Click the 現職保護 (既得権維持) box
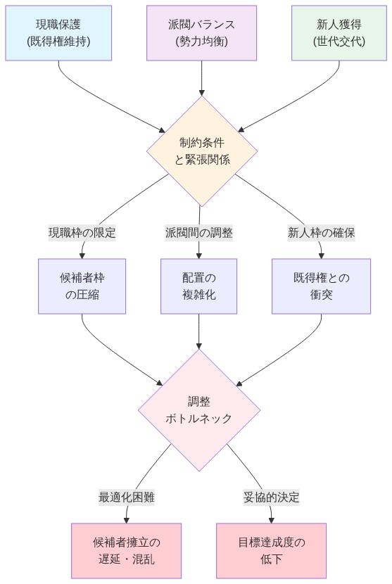tap(58, 32)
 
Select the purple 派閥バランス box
tap(202, 32)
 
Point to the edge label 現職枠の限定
tap(82, 232)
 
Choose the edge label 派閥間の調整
tap(199, 232)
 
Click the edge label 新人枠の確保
tap(321, 232)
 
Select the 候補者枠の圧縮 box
tap(82, 286)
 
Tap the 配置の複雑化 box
tap(199, 286)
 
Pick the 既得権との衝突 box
tap(321, 286)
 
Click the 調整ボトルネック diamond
tap(199, 410)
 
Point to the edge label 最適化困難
tap(127, 497)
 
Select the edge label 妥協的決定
tap(271, 497)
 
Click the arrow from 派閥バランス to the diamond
tap(202, 77)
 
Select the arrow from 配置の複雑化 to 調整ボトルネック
tap(199, 331)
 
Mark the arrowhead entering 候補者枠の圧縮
tap(82, 255)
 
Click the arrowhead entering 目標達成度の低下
tap(271, 519)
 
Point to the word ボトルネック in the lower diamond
tap(199, 419)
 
